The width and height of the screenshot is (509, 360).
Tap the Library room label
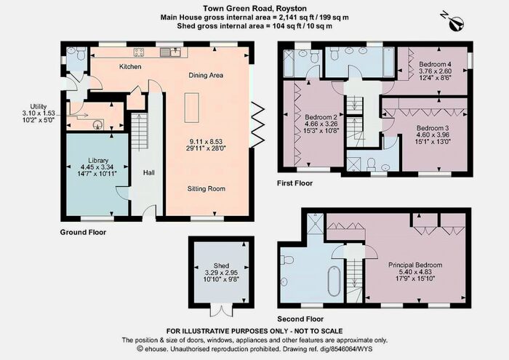[x=98, y=161]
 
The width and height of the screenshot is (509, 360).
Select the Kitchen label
[x=130, y=67]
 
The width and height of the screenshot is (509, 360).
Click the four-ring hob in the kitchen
[x=140, y=52]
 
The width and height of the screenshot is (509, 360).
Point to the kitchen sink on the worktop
[x=170, y=52]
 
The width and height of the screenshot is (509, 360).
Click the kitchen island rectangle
[x=191, y=108]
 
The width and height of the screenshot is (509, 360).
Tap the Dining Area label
[x=206, y=76]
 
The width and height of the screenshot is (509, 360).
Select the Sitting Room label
[x=206, y=188]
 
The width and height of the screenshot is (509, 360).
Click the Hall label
[x=148, y=172]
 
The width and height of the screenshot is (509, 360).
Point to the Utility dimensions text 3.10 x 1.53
[x=39, y=113]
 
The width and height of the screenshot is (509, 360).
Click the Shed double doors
[x=221, y=310]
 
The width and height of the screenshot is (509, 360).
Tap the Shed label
[x=221, y=265]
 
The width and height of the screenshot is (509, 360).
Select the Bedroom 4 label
[x=435, y=64]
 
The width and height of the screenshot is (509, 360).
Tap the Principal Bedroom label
[x=415, y=265]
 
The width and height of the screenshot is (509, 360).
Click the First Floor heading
[x=294, y=183]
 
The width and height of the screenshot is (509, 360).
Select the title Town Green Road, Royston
[x=254, y=9]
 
